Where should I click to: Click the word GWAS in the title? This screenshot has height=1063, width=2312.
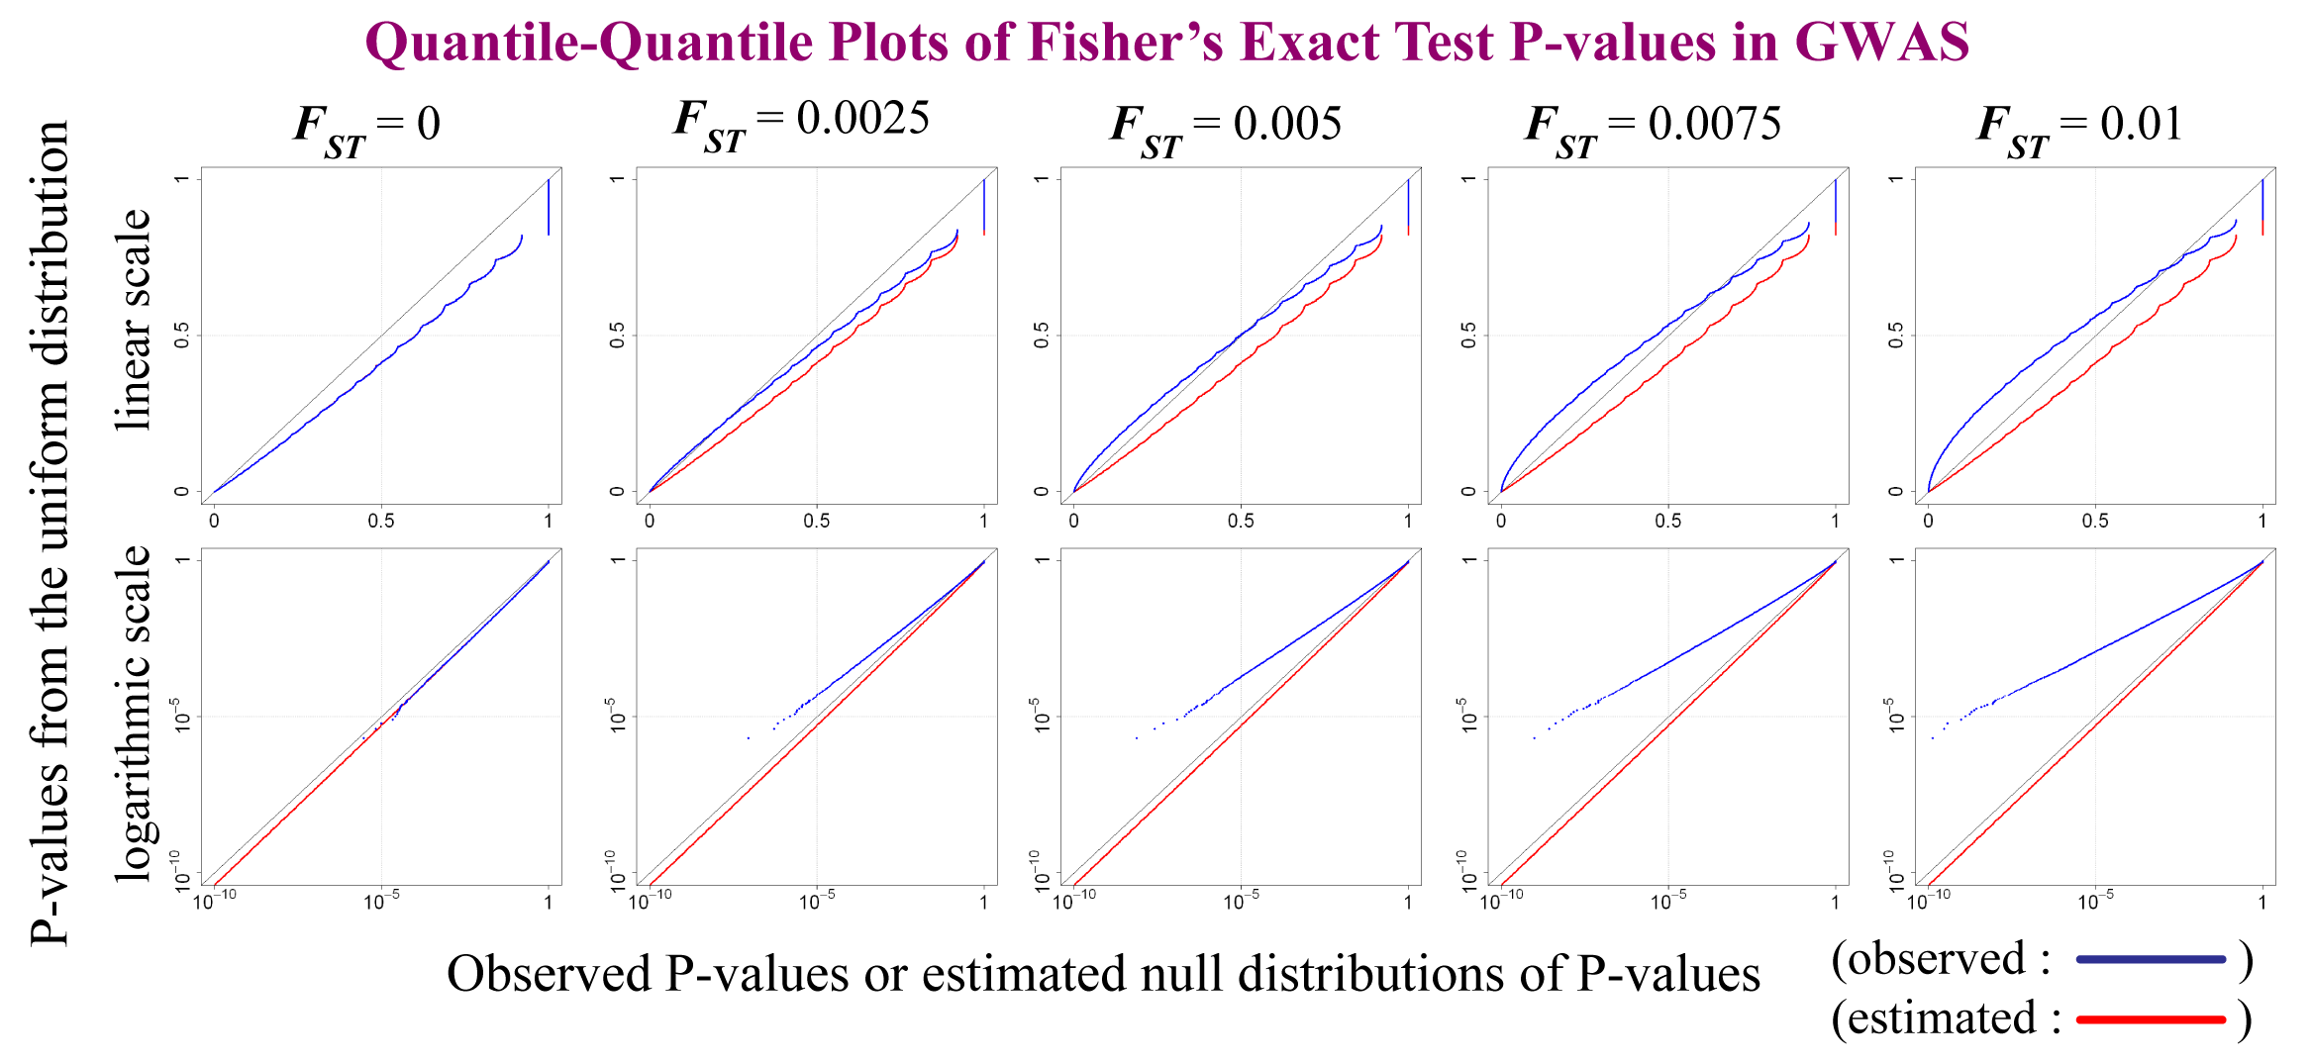point(1881,42)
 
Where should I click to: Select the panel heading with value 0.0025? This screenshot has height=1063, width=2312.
point(802,123)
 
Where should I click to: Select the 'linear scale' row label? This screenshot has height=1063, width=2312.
point(134,320)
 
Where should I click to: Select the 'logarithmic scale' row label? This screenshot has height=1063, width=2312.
point(134,713)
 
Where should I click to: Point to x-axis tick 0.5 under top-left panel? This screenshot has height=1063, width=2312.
point(381,521)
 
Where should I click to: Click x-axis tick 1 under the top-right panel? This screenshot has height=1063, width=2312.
point(2262,521)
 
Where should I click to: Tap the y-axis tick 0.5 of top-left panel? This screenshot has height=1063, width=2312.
point(181,336)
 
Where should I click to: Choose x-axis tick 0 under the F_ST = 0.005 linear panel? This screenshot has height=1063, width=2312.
point(1073,521)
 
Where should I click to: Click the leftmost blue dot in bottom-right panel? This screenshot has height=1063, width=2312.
point(1932,737)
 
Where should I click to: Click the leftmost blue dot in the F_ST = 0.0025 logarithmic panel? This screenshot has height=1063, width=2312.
point(748,737)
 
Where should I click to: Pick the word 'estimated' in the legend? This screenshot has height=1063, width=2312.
point(1942,1019)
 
